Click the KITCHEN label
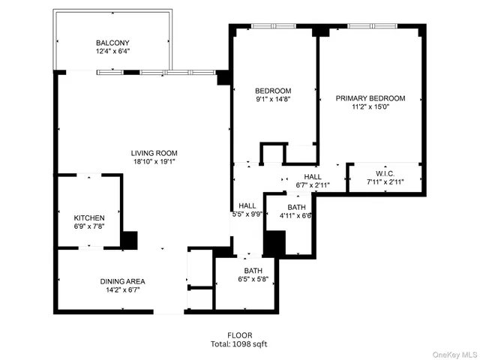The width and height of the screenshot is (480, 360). (88, 217)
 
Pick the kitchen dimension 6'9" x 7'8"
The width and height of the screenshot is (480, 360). (88, 226)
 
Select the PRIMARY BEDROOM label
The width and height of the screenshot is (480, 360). (370, 98)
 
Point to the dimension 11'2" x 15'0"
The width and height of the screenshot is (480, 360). (370, 107)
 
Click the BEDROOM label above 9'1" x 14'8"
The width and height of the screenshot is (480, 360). (273, 91)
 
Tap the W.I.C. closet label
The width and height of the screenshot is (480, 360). (385, 172)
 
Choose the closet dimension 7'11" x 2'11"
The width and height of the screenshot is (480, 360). (385, 181)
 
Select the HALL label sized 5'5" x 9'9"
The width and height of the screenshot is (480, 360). (247, 205)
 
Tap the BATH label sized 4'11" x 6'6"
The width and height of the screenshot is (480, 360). (296, 207)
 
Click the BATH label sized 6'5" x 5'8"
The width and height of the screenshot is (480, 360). (252, 271)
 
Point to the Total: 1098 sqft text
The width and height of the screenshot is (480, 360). (240, 344)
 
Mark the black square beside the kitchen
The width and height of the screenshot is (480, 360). (129, 240)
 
